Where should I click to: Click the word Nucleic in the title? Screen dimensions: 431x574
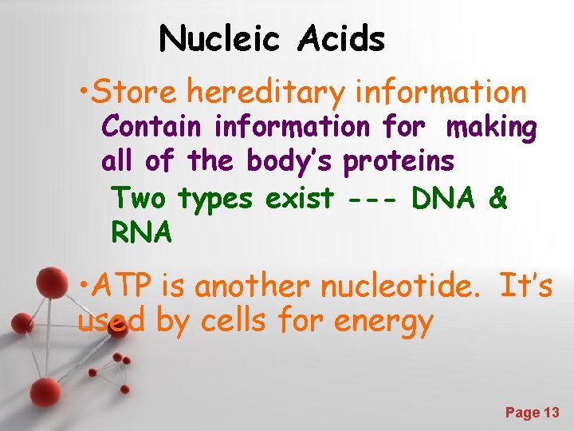(x=219, y=38)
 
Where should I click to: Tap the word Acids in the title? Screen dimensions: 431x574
(x=343, y=38)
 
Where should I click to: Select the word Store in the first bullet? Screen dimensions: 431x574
(x=136, y=93)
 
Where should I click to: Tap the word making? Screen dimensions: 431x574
(x=492, y=126)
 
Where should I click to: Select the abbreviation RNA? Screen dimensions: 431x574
(x=141, y=232)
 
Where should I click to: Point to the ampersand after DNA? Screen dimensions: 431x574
(x=498, y=198)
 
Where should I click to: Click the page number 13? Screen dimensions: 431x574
(x=551, y=413)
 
